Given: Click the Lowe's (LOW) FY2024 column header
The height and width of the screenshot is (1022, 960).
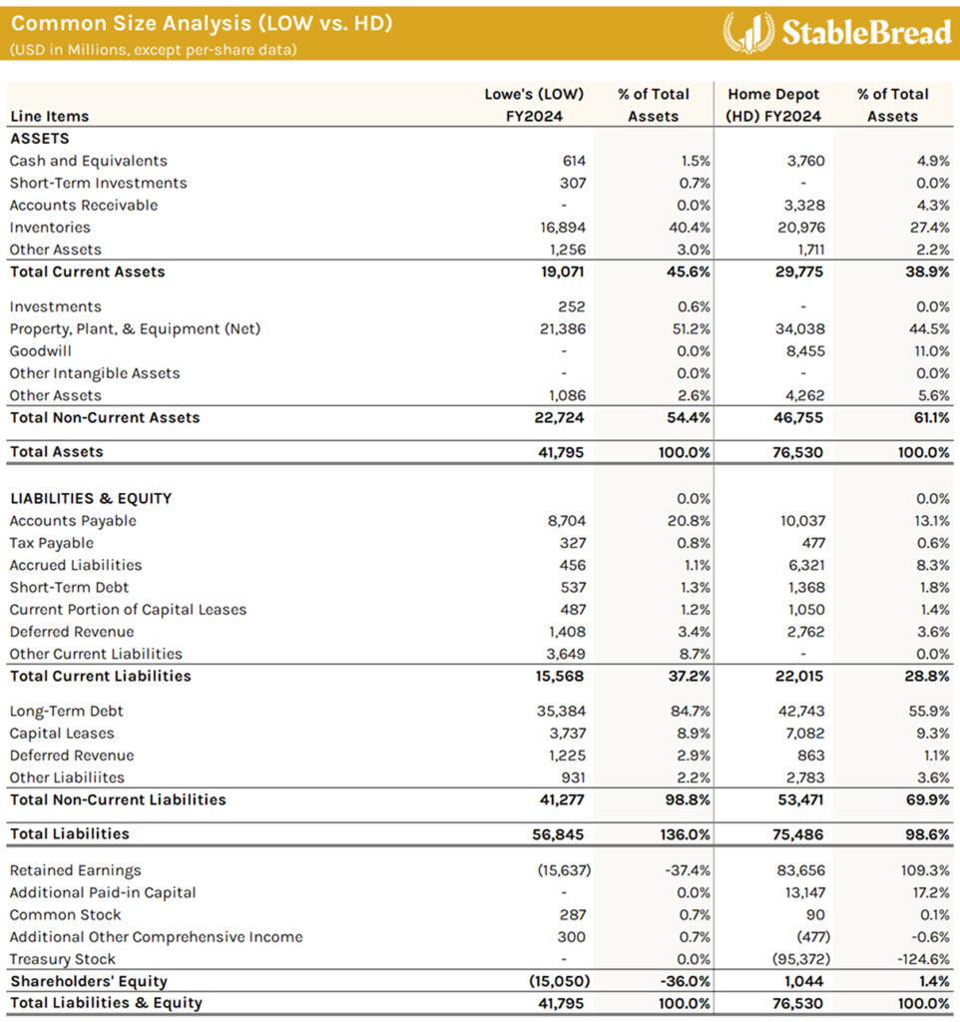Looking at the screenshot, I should tap(533, 105).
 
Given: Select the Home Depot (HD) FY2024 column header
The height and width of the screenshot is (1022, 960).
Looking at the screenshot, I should tap(773, 105).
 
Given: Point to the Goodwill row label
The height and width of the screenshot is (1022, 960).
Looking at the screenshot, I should tap(40, 351).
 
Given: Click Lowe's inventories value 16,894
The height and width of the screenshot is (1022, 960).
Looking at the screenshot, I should tap(562, 228).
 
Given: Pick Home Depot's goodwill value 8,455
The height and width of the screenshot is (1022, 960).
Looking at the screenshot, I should tap(802, 351).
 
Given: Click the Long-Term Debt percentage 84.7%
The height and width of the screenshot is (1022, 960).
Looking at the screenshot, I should tap(689, 712).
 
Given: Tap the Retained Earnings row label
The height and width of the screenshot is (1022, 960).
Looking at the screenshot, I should tap(75, 870).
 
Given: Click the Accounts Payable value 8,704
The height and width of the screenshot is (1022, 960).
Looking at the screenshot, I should tap(566, 521).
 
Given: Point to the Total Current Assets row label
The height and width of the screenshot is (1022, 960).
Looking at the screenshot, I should tap(87, 271).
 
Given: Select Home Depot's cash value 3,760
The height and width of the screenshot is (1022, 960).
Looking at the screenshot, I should tap(802, 161).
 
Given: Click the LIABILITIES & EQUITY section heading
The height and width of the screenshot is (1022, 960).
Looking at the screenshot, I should tap(90, 498).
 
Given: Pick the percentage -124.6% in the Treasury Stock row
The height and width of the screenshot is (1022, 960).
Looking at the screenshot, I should tap(923, 959).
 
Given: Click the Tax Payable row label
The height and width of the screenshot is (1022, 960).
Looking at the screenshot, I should tap(51, 543).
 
